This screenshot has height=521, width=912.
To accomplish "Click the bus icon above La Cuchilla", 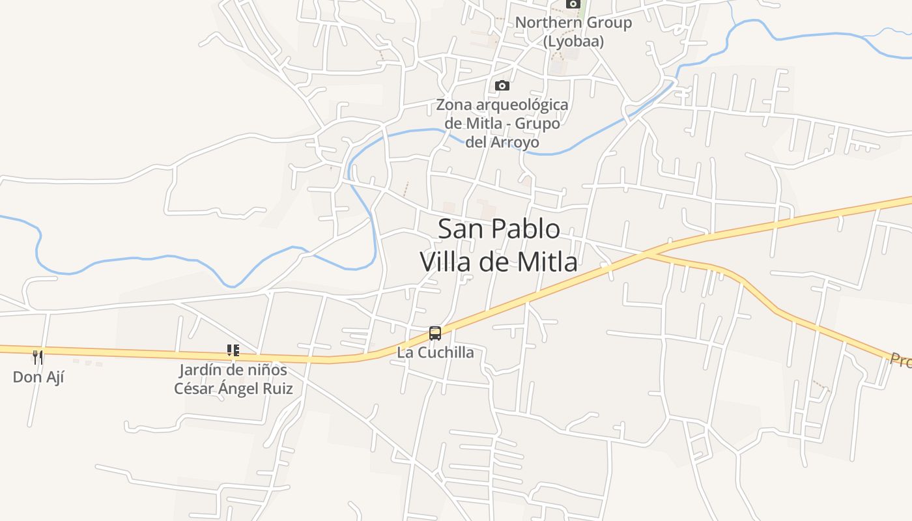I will point(435,333).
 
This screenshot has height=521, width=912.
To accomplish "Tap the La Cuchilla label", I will point(435,353).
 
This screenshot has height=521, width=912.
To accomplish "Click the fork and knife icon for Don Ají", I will point(38,357).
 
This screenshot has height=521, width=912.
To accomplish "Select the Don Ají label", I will point(38,377).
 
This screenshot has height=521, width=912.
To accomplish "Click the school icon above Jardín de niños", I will point(233,351).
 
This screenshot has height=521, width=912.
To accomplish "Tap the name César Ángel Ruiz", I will point(233,389).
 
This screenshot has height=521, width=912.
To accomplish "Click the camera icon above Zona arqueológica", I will point(502,85).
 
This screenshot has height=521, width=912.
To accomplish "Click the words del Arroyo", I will point(502,142).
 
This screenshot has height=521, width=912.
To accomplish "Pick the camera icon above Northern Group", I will point(573,4).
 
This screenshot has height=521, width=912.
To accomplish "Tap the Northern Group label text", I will point(573,23).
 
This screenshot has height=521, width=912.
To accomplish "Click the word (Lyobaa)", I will point(573,42).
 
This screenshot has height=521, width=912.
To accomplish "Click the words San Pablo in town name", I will point(498,229).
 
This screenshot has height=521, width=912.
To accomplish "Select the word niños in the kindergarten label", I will point(266,371).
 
